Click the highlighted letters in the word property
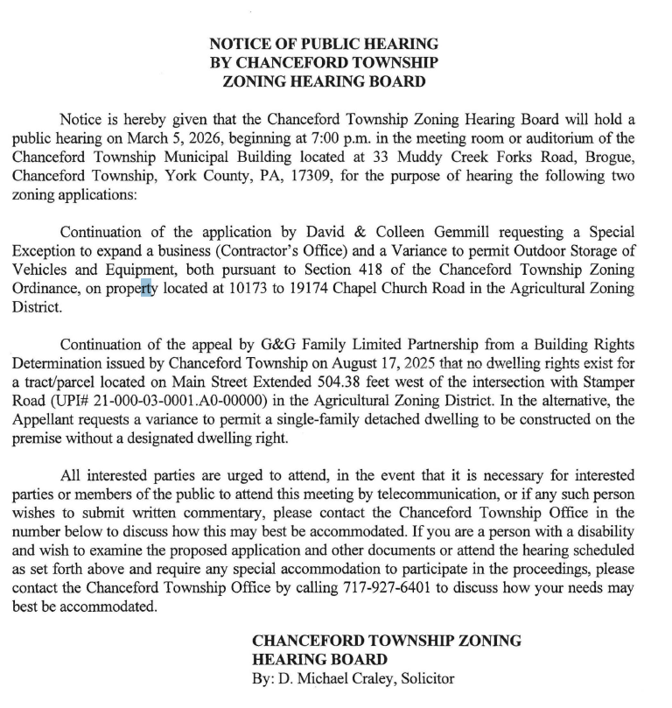click(146, 289)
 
